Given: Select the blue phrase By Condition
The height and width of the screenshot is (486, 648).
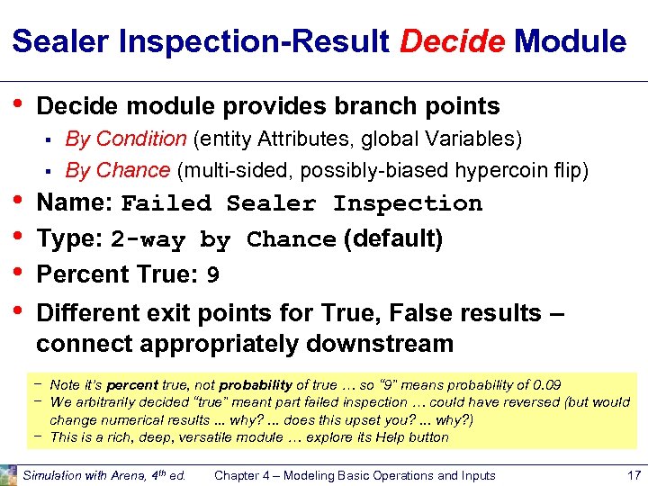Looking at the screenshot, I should pyautogui.click(x=126, y=139).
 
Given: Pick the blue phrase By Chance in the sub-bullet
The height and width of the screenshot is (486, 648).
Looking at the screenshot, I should pyautogui.click(x=118, y=170).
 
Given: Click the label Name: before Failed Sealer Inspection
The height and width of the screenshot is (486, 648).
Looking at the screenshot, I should pyautogui.click(x=75, y=202).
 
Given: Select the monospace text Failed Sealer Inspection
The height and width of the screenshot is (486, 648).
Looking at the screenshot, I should pyautogui.click(x=301, y=204).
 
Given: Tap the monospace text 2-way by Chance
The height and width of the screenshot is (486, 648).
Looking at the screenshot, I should pyautogui.click(x=223, y=240).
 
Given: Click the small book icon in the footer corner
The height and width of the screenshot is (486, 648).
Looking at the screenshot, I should pyautogui.click(x=8, y=474).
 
